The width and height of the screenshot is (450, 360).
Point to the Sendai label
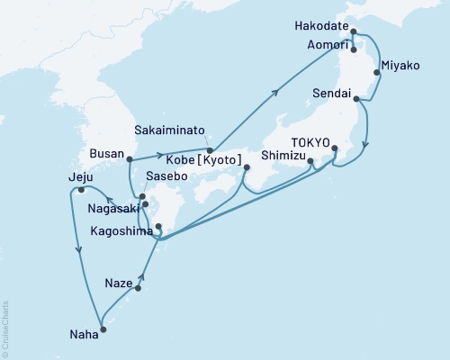coord(330,93)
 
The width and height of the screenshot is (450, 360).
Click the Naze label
coord(118,281)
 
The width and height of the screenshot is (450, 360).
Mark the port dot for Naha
coord(102,329)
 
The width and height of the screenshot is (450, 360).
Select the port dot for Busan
coord(130,159)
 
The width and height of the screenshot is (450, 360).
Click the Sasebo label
coord(166,177)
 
